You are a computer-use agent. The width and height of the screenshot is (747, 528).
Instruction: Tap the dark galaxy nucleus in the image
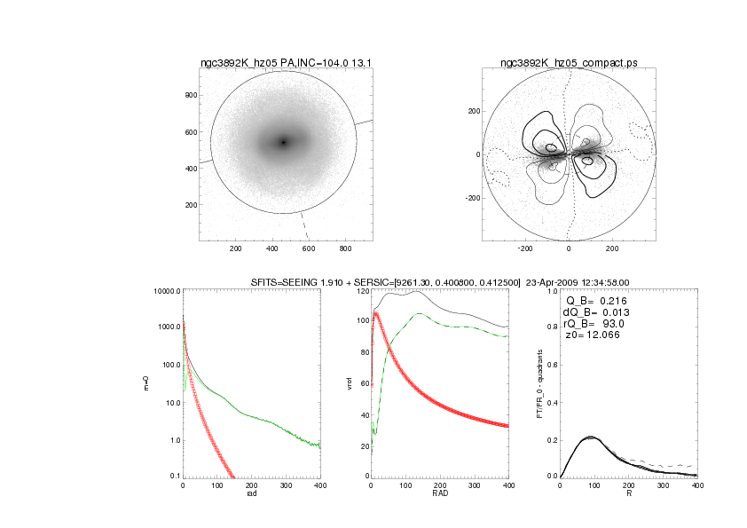click(x=284, y=142)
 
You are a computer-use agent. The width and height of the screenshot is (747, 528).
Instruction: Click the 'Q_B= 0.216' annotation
click(x=594, y=301)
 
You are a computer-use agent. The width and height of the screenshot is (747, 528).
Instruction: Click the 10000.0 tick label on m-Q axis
click(x=166, y=291)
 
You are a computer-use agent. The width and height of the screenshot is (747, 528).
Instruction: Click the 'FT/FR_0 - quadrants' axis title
click(x=540, y=383)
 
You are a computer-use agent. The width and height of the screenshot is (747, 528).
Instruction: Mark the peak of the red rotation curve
click(x=376, y=313)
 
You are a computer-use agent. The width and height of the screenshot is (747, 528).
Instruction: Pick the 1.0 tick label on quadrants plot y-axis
click(x=551, y=291)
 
